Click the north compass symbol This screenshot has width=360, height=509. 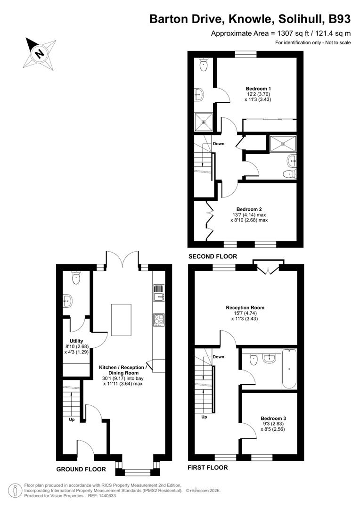(41, 51)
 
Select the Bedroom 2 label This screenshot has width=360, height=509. (249, 209)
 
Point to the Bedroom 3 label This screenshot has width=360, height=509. (273, 418)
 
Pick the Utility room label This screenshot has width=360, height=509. (76, 341)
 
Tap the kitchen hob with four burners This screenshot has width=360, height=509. (158, 320)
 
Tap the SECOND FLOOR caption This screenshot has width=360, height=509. (212, 256)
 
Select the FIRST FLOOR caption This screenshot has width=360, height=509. (208, 468)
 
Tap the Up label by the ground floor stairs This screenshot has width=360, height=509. (72, 419)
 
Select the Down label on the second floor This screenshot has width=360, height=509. (219, 143)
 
